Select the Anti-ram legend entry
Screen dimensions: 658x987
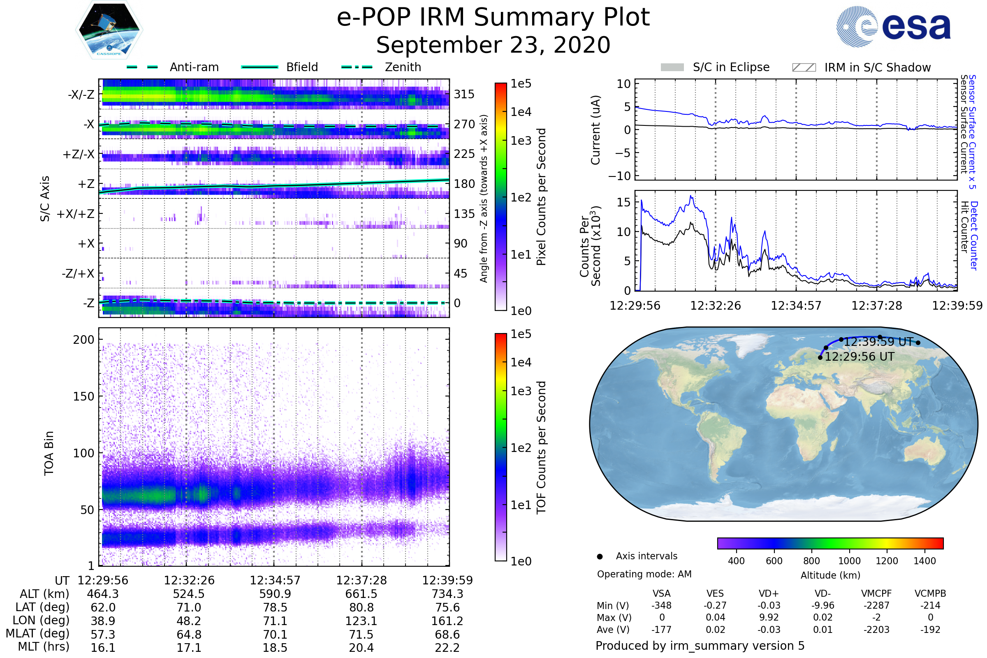coord(194,67)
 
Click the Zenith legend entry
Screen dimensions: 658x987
coord(403,67)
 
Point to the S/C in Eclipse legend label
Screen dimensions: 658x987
coord(731,67)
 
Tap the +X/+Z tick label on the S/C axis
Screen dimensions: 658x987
coord(76,214)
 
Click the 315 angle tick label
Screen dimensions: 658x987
coord(464,94)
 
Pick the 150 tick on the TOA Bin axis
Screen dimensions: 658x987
coord(83,396)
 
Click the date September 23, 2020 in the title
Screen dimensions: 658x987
coord(493,45)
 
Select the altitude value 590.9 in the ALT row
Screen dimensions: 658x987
coord(275,594)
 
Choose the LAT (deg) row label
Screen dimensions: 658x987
coord(42,608)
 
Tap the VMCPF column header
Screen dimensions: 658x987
coord(876,594)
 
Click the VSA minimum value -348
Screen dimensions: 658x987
coord(661,605)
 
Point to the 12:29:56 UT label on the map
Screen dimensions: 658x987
coord(860,357)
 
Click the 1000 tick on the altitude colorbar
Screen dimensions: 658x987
coord(849,561)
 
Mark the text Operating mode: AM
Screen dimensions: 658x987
coord(644,574)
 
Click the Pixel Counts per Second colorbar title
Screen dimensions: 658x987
coord(541,197)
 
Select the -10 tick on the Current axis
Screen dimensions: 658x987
coord(620,176)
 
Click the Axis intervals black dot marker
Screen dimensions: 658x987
coord(600,556)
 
